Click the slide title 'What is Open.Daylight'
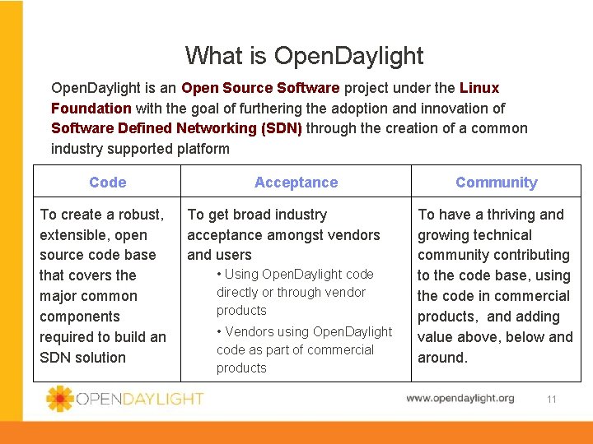point(304,56)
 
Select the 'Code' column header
point(108,183)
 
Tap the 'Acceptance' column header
point(296,183)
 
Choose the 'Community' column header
point(496,183)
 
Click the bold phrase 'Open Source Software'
point(260,88)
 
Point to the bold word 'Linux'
point(479,88)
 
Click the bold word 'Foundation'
point(91,108)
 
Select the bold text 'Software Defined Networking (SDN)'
point(176,128)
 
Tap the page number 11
point(551,400)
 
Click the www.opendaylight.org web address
point(460,399)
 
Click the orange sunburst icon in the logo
point(60,399)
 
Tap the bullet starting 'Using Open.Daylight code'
point(294,292)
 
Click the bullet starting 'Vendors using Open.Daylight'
point(303,349)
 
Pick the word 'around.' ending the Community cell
point(442,358)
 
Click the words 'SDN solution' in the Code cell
point(82,358)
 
